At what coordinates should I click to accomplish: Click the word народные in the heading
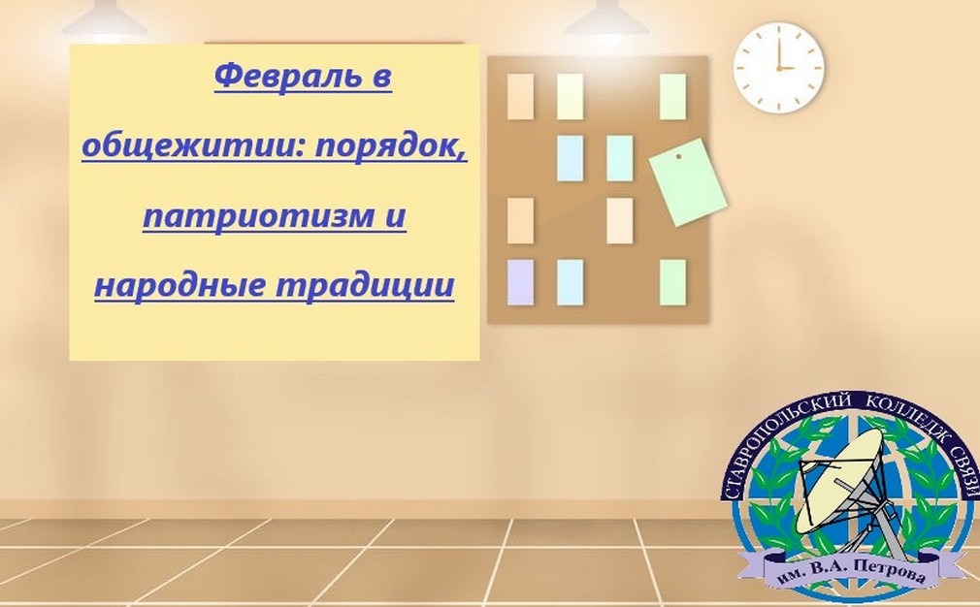pos(180,286)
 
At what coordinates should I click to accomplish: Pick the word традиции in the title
pos(365,286)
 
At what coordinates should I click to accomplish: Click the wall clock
pos(779,68)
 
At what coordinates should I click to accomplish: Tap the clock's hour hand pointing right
pos(786,68)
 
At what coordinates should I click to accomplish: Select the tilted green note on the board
pos(688,181)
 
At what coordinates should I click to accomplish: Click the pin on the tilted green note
pos(678,156)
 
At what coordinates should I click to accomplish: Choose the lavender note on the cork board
pos(520,282)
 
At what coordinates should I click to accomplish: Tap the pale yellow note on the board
pos(570,97)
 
